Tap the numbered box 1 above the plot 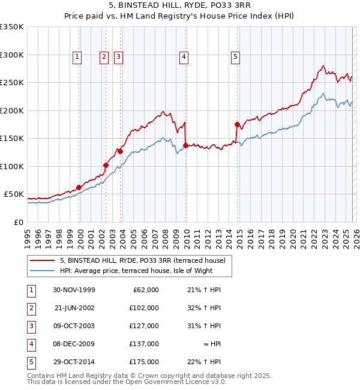(78, 57)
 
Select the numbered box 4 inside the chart (183, 57)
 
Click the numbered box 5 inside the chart (235, 57)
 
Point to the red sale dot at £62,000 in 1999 (79, 187)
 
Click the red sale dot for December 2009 (185, 145)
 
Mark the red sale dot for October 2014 (237, 124)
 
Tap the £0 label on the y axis (18, 222)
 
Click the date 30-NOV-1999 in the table (74, 290)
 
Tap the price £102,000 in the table (144, 308)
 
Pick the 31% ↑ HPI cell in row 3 (206, 326)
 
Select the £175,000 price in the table (144, 362)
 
